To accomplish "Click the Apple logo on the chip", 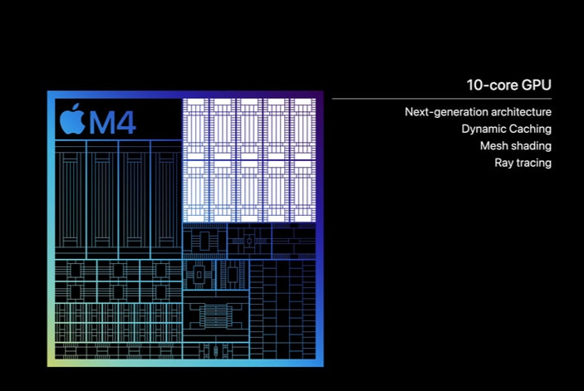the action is [72, 121].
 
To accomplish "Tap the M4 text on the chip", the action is [112, 123].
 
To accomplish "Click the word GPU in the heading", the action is [536, 86].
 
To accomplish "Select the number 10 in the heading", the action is [475, 86].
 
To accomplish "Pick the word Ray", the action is [503, 163].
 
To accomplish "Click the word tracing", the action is [532, 163].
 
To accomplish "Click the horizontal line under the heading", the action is [442, 99].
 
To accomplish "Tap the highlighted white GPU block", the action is [249, 160].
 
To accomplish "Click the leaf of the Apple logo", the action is [76, 107].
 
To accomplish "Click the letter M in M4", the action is [101, 123].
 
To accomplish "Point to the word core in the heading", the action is [503, 86].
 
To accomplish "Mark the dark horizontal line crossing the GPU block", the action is [249, 160].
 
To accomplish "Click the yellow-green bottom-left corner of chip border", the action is [51, 363].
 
